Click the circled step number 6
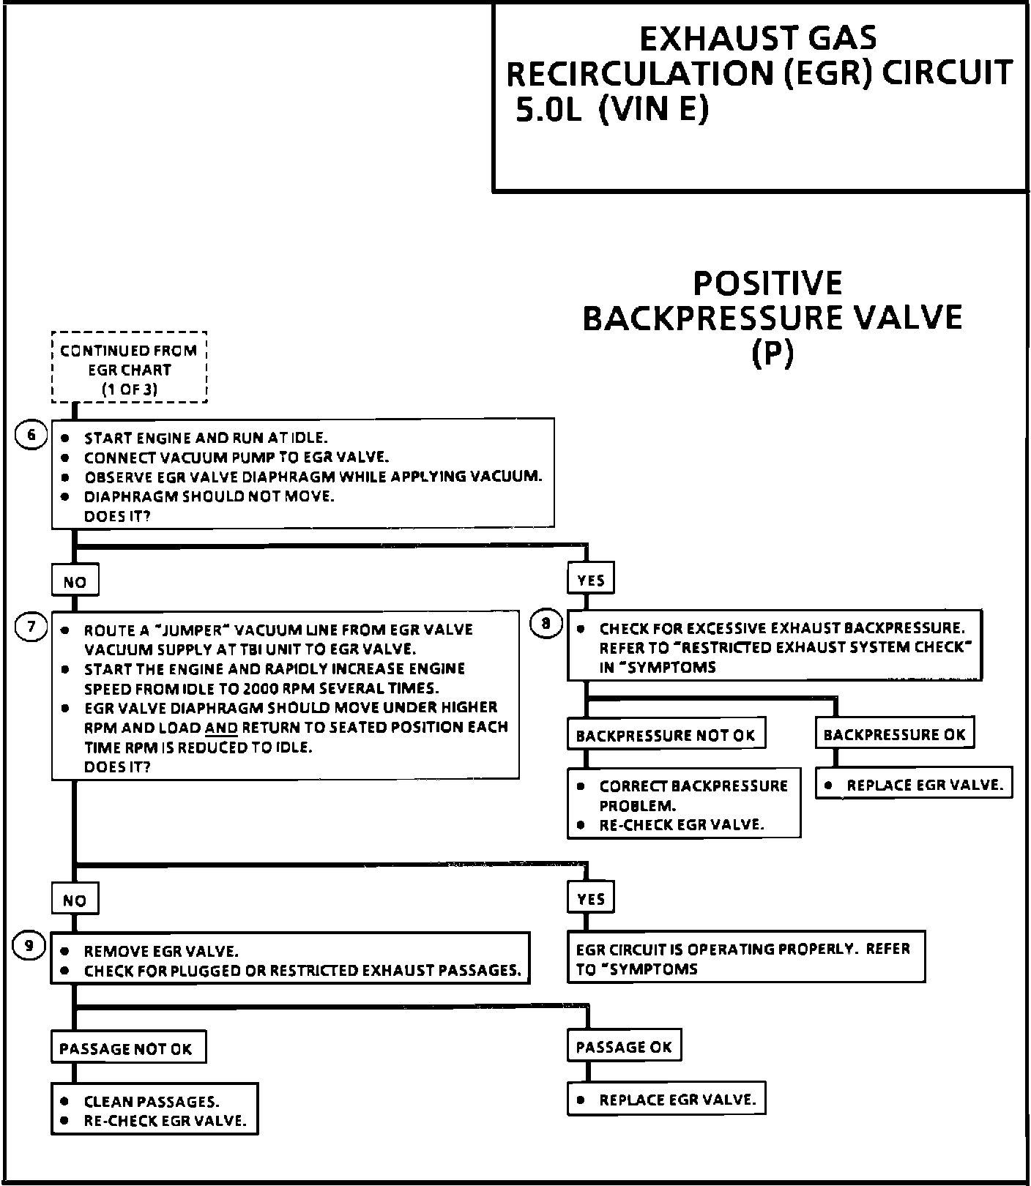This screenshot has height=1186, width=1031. pos(31,435)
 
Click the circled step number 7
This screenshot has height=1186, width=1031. pos(31,627)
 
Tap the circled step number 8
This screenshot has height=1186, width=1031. pos(546,624)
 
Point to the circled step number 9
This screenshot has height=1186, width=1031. pos(29,946)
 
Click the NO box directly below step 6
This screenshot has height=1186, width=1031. pos(75,582)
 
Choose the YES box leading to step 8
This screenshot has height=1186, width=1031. pos(590,580)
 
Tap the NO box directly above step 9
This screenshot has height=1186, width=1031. pos(75,900)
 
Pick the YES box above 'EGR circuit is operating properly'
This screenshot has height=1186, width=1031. pos(590,898)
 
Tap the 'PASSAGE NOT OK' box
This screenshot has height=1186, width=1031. pos(126,1048)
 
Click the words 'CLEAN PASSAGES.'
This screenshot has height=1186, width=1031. pos(152,1101)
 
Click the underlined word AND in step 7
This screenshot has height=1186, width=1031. pos(221,728)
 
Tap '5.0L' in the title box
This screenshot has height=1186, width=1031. pos(548,110)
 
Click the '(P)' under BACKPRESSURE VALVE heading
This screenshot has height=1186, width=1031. pos(773,354)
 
